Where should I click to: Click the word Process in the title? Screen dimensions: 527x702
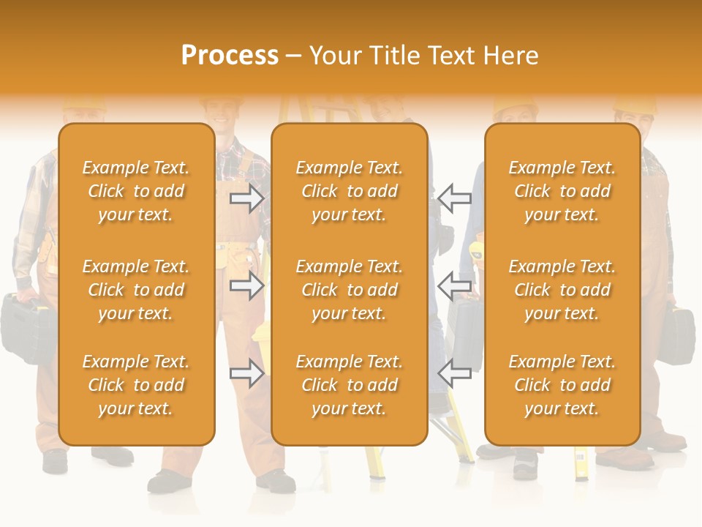click(230, 56)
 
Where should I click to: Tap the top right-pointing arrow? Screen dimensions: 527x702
click(246, 198)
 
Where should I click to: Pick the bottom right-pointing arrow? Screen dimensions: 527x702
click(246, 373)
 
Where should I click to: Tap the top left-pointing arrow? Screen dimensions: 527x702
click(455, 198)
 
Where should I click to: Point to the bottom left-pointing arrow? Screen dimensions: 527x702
click(455, 373)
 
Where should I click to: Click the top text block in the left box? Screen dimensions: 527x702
click(136, 191)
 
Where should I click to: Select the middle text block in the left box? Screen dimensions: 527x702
click(136, 290)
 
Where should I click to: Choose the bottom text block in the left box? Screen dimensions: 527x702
click(136, 385)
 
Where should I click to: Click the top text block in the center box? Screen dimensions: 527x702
click(349, 191)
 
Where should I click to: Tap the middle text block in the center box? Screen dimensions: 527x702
click(349, 290)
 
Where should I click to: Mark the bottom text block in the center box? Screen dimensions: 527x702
click(349, 385)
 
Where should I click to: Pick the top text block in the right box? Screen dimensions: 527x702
click(562, 191)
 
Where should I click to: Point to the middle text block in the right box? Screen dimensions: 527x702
click(562, 290)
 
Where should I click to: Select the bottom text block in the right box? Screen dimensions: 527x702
click(562, 385)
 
